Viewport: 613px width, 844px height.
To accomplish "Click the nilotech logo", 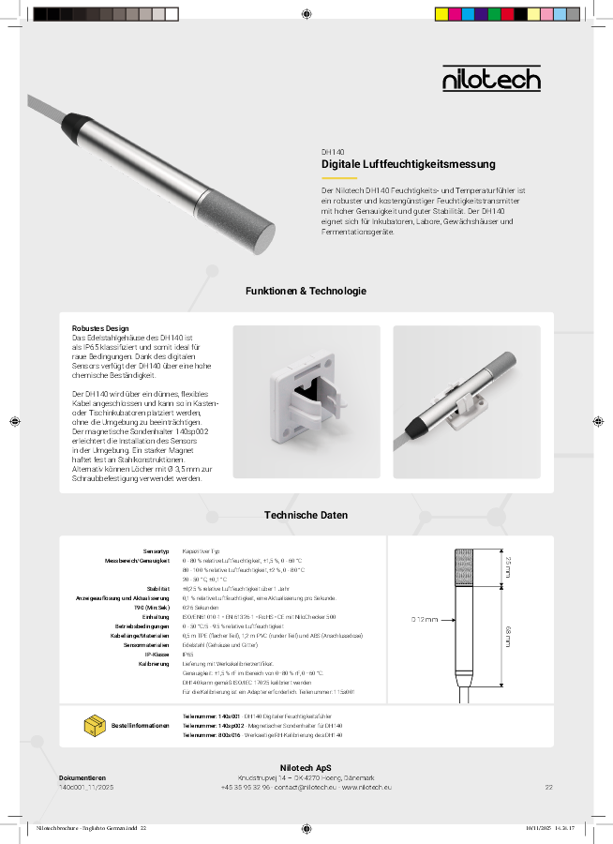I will click(x=491, y=78).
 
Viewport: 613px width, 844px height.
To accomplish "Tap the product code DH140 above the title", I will click(x=333, y=151).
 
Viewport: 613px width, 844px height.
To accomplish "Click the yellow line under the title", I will click(x=339, y=177).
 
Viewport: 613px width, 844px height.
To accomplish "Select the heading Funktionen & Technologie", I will click(x=306, y=292).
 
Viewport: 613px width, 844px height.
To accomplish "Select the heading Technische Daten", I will click(x=306, y=515).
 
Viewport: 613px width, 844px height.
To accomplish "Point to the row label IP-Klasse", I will click(x=156, y=655).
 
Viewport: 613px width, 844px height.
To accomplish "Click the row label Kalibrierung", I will click(x=154, y=664).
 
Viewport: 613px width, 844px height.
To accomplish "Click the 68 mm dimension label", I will click(x=508, y=636).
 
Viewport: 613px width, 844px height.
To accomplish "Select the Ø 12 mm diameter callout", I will click(x=425, y=620).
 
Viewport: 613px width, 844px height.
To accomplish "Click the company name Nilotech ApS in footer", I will click(x=306, y=768).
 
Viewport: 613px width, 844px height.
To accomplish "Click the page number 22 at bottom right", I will click(x=549, y=788).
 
